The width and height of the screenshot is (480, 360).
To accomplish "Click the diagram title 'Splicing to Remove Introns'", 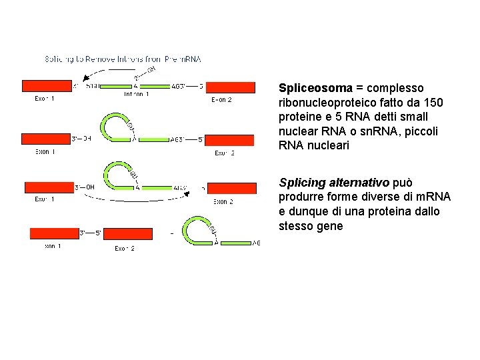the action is click(123, 59).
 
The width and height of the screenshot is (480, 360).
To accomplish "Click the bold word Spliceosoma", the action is click(315, 88).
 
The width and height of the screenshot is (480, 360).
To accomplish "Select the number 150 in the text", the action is click(433, 103).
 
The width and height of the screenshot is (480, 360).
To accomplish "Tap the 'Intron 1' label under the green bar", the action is click(136, 95).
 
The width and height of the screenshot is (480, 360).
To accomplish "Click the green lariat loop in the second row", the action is click(113, 125).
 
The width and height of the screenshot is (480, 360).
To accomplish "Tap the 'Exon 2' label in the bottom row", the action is click(124, 249).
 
